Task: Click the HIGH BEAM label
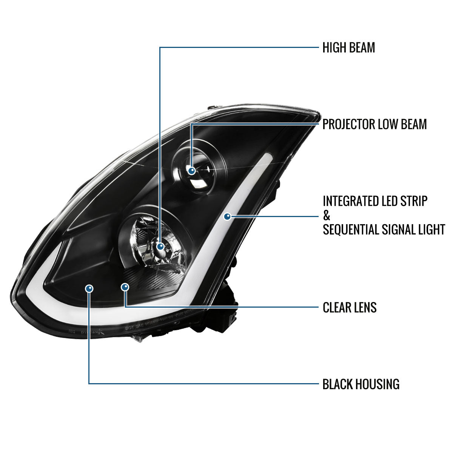pos(348,48)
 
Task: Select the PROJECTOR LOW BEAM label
pos(374,124)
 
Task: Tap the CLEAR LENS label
pos(350,307)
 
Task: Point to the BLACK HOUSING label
pos(361,384)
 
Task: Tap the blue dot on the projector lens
pos(192,171)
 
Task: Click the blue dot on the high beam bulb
pos(161,247)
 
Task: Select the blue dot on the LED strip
pos(227,217)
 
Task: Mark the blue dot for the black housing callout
pos(89,288)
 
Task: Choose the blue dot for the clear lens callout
pos(125,287)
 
